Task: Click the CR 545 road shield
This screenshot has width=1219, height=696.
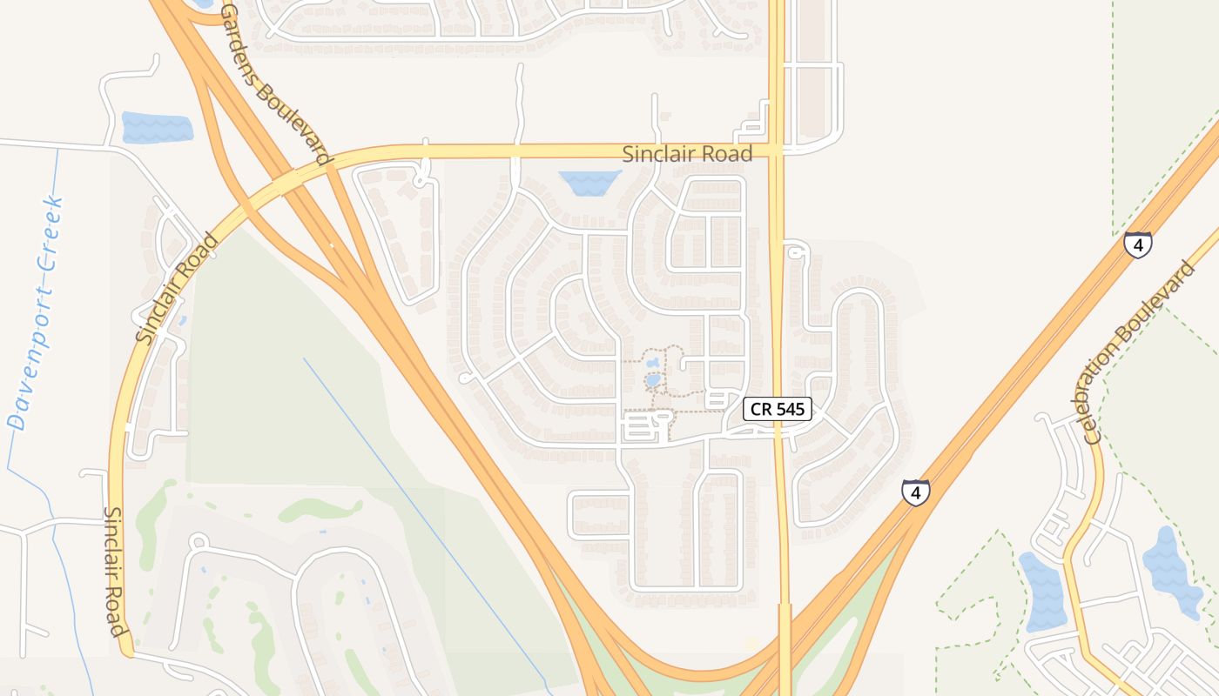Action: click(778, 409)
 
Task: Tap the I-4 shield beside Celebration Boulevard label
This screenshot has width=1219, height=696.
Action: click(1137, 244)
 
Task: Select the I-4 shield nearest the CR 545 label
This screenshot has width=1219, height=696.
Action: click(915, 492)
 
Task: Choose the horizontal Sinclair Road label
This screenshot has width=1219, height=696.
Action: click(687, 154)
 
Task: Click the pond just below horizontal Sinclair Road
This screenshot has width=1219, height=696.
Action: click(589, 182)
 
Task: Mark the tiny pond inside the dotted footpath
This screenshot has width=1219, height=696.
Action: click(652, 380)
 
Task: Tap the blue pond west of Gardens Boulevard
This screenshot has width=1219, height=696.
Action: click(157, 128)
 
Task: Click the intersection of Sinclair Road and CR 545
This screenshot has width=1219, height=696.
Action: click(777, 151)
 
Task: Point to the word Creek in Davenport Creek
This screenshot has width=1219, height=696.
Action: click(51, 228)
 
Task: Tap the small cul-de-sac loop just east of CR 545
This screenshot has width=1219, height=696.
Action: click(794, 251)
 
